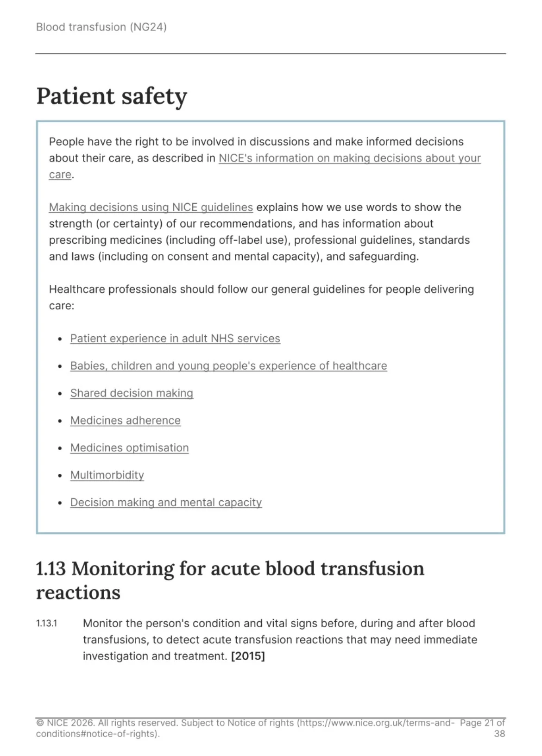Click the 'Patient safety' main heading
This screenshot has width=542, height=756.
tap(112, 96)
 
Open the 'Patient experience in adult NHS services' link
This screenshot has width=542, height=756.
tap(175, 339)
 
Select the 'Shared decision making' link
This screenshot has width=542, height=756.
tap(132, 393)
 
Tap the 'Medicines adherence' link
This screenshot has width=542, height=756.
tap(126, 421)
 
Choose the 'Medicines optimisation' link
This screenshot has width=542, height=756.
tap(130, 448)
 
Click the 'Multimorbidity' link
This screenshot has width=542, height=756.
tap(107, 475)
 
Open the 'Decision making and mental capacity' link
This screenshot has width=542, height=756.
tap(166, 503)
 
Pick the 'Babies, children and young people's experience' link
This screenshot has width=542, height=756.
tap(228, 366)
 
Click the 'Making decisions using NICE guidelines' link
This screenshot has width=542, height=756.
tap(151, 207)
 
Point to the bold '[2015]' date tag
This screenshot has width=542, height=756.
tap(248, 656)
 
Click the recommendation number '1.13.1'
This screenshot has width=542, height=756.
tap(46, 624)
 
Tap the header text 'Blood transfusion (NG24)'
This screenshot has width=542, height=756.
tap(101, 27)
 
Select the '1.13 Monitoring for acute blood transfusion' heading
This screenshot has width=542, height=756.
tap(230, 569)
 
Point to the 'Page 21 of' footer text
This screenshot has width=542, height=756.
tap(482, 723)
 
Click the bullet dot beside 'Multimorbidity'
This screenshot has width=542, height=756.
tap(60, 476)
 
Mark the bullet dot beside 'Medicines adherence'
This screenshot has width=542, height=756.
tap(60, 421)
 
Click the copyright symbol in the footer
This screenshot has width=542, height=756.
tap(40, 723)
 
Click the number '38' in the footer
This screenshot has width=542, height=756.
tap(499, 734)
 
